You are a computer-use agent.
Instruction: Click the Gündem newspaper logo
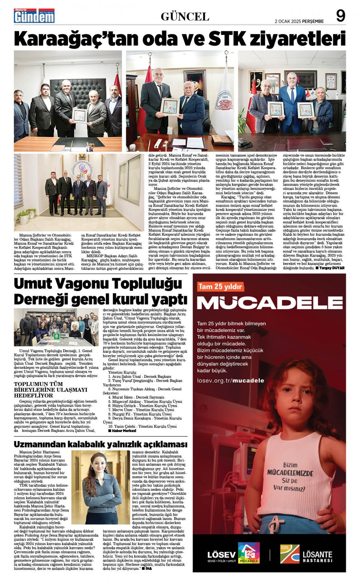point(34,16)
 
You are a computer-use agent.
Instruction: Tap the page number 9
point(341,16)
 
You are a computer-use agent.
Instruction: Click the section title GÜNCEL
point(185,17)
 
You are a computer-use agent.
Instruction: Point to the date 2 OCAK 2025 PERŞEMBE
point(299,21)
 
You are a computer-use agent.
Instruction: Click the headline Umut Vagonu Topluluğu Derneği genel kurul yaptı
point(100,291)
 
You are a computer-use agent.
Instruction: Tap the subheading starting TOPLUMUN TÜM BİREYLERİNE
point(51,389)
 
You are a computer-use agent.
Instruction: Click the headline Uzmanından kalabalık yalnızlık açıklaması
point(100,444)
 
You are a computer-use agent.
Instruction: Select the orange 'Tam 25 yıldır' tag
point(220,287)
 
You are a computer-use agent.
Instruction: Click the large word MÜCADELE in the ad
point(270,303)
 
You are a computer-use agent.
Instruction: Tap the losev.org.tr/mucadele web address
point(230,380)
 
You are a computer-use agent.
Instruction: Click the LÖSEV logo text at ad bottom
point(221,554)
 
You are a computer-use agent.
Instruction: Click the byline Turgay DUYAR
point(330,268)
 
